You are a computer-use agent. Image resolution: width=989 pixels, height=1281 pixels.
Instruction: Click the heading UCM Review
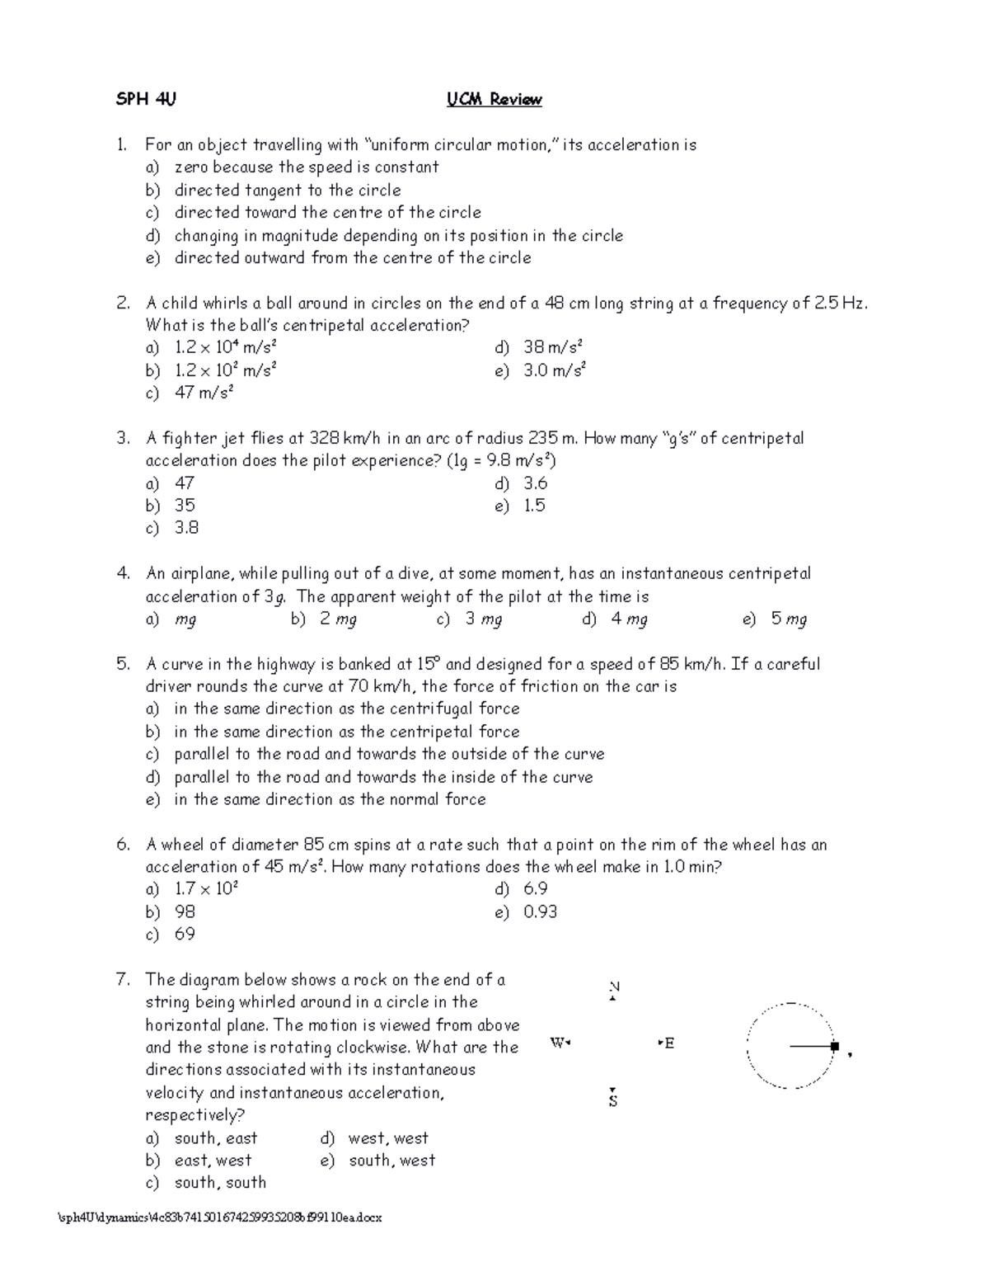(x=494, y=100)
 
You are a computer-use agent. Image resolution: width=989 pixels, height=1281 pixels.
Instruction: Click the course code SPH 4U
(x=146, y=100)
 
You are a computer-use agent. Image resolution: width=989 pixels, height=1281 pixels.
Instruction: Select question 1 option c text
(x=327, y=213)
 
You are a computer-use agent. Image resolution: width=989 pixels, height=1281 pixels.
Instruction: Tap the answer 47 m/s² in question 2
(x=204, y=393)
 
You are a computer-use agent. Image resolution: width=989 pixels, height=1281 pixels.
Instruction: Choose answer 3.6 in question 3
(x=535, y=483)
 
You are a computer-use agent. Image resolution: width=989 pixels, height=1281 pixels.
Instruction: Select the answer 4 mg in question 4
(x=629, y=619)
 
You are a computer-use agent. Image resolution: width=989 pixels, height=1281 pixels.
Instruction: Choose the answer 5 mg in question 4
(x=789, y=619)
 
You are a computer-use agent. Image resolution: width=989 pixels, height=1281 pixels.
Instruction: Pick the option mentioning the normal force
(x=330, y=799)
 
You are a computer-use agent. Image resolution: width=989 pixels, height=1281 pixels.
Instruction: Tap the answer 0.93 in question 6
(x=540, y=911)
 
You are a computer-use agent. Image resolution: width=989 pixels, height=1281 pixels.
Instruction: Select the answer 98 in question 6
(x=185, y=911)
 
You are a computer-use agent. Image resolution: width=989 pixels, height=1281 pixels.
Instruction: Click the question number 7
(x=124, y=980)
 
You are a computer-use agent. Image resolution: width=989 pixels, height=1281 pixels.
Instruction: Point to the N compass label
(x=613, y=987)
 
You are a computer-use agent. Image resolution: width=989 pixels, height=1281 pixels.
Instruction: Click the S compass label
(x=613, y=1100)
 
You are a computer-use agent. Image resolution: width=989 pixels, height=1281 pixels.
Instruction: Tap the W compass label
(x=558, y=1043)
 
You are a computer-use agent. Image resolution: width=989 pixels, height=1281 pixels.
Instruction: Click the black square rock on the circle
(x=835, y=1047)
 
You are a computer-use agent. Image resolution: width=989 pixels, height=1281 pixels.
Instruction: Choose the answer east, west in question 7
(x=213, y=1161)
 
